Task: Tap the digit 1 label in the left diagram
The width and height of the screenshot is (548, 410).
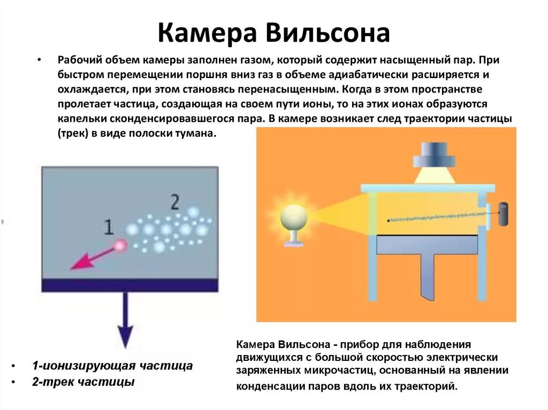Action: [109, 228]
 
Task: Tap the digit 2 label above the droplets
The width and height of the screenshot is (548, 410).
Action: [174, 202]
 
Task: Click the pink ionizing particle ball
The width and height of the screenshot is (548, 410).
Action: [120, 246]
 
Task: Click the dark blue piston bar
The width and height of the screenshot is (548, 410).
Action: [130, 285]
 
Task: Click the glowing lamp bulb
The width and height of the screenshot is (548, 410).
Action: [293, 216]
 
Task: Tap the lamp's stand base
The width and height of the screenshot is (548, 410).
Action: [293, 243]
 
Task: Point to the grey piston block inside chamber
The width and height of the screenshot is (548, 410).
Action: [427, 244]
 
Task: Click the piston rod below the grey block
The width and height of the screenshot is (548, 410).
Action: [429, 278]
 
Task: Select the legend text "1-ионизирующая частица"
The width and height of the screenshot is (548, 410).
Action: [112, 366]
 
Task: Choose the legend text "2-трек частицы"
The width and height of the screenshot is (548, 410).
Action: [83, 382]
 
